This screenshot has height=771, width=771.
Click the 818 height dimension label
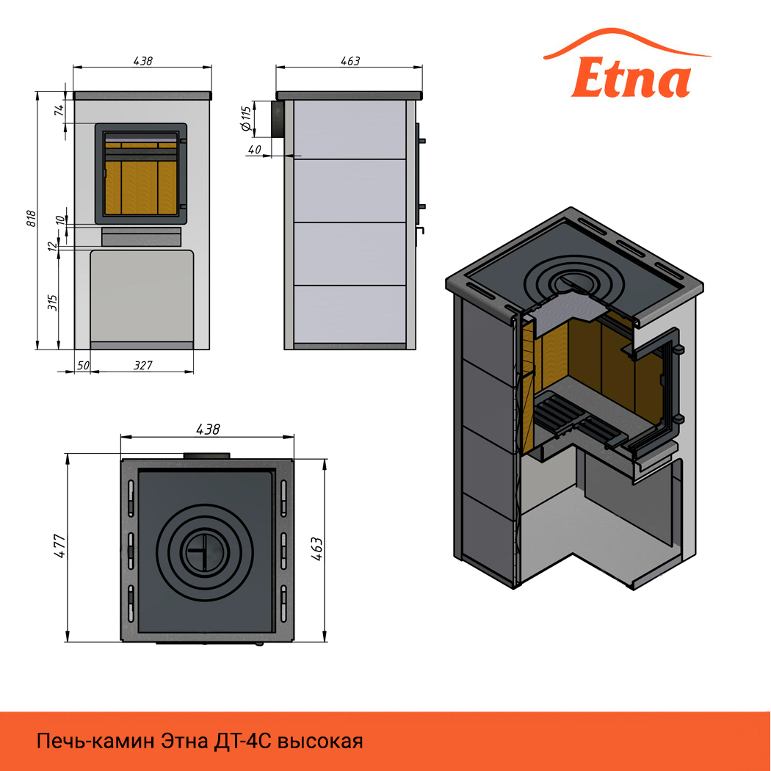click(x=31, y=218)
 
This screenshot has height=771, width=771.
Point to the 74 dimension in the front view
click(x=59, y=110)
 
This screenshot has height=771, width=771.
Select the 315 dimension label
click(x=53, y=302)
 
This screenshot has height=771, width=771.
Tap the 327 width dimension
click(x=143, y=366)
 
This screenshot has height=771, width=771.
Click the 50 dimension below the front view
click(x=83, y=366)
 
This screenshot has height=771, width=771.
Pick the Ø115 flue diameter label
click(x=246, y=118)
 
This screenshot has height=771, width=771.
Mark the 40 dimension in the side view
click(x=255, y=149)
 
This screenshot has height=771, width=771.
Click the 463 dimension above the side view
click(x=350, y=61)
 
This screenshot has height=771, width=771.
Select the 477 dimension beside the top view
click(x=59, y=546)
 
